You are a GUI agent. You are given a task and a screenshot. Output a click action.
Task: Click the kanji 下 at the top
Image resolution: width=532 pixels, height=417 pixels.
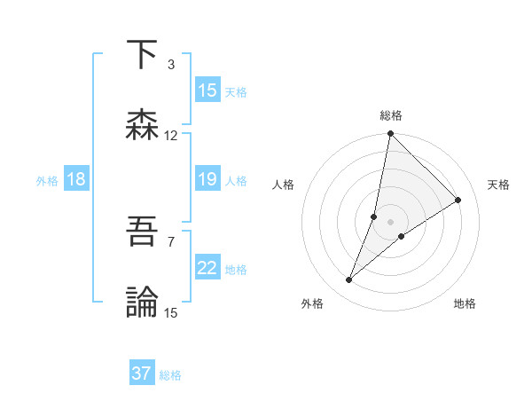click(x=143, y=55)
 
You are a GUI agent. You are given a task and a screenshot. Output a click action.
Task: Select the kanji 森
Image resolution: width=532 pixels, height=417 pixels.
click(x=143, y=124)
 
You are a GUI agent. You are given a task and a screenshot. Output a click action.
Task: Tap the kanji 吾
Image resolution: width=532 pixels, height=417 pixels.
click(x=143, y=233)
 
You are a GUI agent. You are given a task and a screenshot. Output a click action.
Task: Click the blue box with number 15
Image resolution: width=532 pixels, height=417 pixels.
click(x=207, y=90)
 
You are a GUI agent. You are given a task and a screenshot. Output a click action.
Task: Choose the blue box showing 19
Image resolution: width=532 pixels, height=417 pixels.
click(x=207, y=180)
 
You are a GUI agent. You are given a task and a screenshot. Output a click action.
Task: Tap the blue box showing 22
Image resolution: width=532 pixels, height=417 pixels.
click(x=207, y=269)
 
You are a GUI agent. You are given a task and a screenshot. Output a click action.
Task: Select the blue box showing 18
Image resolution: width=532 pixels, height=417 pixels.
click(x=76, y=180)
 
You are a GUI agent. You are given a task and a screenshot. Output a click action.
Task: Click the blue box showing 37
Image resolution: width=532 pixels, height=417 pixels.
click(x=142, y=374)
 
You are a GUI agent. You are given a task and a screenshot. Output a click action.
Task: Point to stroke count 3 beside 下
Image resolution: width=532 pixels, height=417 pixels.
click(x=171, y=65)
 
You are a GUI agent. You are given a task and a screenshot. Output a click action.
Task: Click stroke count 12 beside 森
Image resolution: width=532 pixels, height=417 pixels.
click(x=171, y=136)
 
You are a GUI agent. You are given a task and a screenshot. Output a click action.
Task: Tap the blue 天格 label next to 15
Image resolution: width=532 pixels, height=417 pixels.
click(x=236, y=91)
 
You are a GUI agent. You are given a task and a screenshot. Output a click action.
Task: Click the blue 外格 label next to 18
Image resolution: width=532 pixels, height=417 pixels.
click(x=47, y=181)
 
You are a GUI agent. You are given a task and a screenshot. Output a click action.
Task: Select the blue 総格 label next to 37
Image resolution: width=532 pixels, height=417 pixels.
click(x=170, y=374)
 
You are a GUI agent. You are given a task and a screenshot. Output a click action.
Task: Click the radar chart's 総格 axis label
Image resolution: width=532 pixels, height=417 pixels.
click(x=390, y=115)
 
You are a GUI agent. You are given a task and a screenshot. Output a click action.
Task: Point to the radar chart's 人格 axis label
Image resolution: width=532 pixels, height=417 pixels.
click(x=284, y=185)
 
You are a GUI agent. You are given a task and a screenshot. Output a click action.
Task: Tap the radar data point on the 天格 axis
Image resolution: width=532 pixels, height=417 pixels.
click(x=458, y=200)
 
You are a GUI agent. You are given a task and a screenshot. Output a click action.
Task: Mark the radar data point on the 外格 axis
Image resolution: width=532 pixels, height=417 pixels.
click(x=349, y=280)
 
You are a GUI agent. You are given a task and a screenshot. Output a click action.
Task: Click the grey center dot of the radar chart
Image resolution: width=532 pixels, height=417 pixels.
click(x=390, y=221)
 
